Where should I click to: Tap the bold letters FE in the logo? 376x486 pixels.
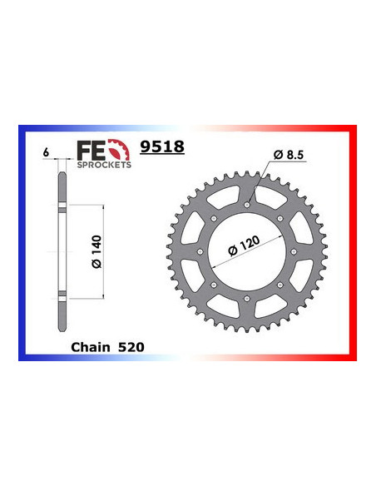(x=86, y=149)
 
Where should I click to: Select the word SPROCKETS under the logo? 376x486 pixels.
(x=104, y=165)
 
